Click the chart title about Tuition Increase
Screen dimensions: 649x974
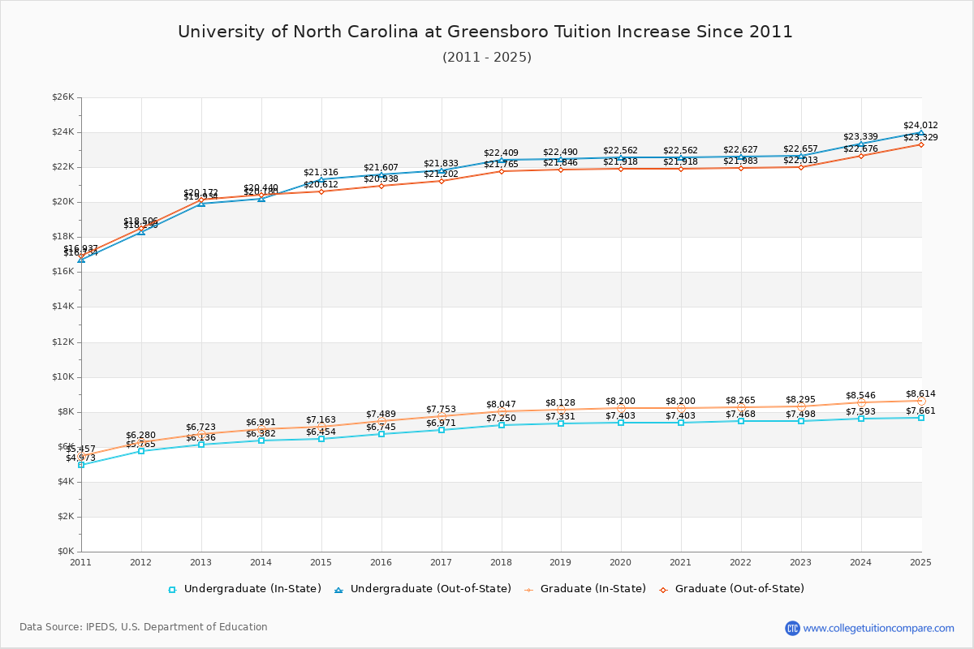[x=485, y=32]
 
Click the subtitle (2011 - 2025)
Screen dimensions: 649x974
[x=487, y=58]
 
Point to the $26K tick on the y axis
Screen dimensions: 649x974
[x=62, y=97]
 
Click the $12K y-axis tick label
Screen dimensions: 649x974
[x=62, y=342]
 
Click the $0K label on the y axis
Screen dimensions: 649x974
[x=65, y=552]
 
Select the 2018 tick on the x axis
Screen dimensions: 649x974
[x=501, y=562]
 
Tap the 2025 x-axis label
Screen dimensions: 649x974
[x=920, y=562]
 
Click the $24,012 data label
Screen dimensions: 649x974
[x=920, y=125]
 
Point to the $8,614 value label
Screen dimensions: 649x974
[x=920, y=393]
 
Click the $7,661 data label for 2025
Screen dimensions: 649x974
[x=920, y=410]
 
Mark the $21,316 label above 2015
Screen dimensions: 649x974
[x=321, y=172]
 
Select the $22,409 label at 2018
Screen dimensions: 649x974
[x=501, y=153]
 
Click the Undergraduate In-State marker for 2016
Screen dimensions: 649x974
[x=381, y=434]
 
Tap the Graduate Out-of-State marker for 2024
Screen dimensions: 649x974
[x=861, y=156]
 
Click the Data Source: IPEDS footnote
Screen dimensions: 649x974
[x=144, y=627]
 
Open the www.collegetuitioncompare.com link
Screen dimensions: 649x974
[x=878, y=628]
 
